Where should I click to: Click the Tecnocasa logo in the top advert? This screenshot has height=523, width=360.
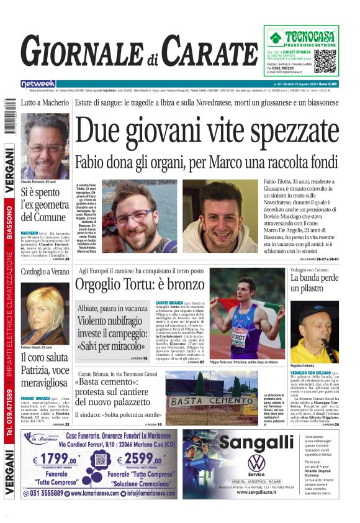[304, 37]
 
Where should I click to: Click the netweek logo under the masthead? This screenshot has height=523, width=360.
[38, 83]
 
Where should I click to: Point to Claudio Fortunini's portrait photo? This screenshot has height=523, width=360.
[45, 146]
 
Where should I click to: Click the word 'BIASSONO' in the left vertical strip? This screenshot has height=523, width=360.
[9, 224]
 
